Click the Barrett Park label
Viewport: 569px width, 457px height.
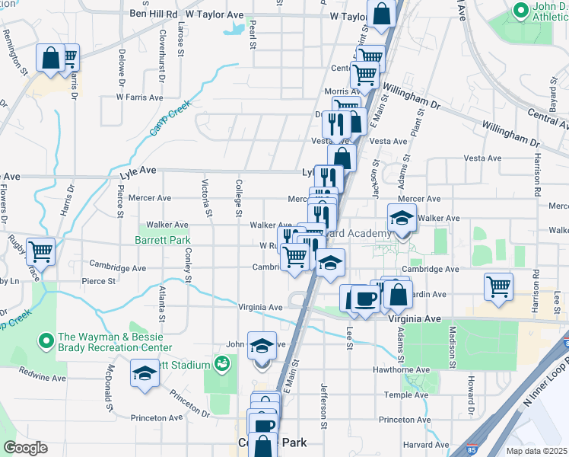point(162,239)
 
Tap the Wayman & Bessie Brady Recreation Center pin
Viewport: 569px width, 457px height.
point(46,339)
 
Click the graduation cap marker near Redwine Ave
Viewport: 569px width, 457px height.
point(144,373)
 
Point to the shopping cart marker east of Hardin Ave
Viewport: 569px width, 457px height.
point(498,286)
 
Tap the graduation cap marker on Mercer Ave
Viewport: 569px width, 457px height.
point(402,218)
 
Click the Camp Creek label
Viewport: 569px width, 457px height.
point(169,120)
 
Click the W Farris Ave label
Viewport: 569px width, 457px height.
point(139,97)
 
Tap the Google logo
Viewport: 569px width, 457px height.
point(25,448)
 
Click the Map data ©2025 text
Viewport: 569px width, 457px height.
point(537,451)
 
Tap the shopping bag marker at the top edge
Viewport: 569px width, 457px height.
point(381,13)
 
